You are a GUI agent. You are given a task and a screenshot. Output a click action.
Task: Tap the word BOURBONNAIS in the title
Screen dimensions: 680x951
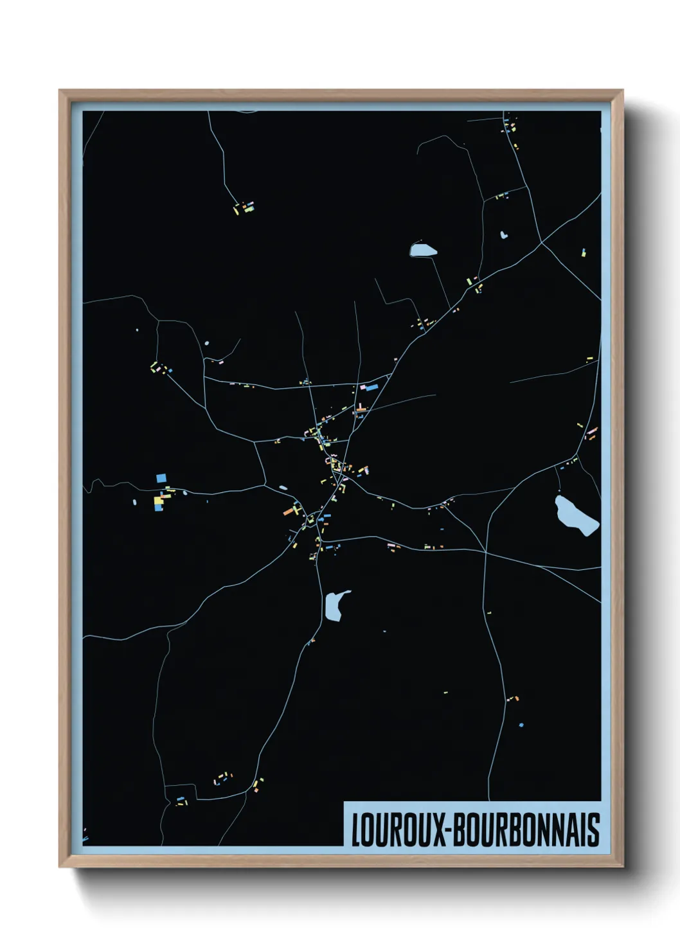pyautogui.click(x=526, y=830)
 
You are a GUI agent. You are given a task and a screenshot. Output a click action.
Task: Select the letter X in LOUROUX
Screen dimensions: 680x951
pyautogui.click(x=439, y=830)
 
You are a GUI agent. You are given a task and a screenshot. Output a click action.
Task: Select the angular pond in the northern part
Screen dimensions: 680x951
pyautogui.click(x=422, y=249)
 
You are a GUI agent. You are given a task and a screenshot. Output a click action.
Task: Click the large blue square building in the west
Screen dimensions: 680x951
pyautogui.click(x=161, y=478)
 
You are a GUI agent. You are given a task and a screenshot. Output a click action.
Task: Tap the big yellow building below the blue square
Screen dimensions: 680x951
pyautogui.click(x=158, y=500)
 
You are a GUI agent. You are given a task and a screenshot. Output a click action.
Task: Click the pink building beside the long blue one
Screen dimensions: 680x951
pyautogui.click(x=363, y=387)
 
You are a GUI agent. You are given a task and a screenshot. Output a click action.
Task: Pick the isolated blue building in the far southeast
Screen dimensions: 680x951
pyautogui.click(x=521, y=725)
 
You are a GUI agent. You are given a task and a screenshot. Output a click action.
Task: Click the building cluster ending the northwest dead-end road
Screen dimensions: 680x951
pyautogui.click(x=244, y=207)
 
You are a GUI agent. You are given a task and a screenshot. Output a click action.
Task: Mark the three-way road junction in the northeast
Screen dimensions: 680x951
pyautogui.click(x=541, y=243)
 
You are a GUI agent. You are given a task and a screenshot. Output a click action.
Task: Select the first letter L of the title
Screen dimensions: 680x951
pyautogui.click(x=355, y=830)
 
